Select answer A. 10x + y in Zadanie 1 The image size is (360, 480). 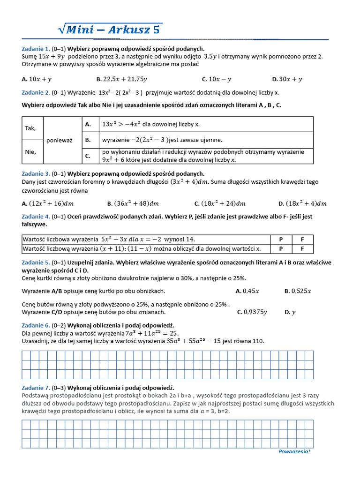[37, 79]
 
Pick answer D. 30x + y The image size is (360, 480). [287, 79]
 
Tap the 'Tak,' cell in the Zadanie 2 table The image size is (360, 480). [30, 128]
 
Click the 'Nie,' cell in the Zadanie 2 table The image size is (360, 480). [30, 152]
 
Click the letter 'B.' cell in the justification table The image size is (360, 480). [88, 140]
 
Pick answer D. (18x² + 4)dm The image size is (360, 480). [302, 203]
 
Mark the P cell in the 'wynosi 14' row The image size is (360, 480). [281, 239]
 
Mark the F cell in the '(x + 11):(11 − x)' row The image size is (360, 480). [302, 248]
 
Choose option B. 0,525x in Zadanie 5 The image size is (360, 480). [297, 291]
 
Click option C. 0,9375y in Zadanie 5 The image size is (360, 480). [252, 312]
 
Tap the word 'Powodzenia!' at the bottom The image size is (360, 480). [294, 451]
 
